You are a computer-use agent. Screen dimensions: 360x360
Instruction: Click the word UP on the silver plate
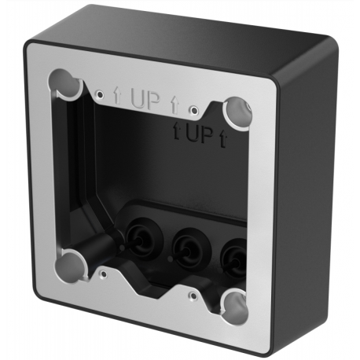coord(146,100)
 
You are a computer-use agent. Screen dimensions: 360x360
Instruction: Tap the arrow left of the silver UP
coord(117,97)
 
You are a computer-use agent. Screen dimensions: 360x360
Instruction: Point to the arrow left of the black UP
coord(178,131)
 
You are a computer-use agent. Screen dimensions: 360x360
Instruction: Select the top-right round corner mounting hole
coord(237,112)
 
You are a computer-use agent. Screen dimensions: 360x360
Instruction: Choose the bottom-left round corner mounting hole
coord(71,263)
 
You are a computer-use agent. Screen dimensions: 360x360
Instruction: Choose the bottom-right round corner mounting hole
coord(233,303)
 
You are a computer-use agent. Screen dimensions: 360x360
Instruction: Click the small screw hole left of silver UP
coord(99,94)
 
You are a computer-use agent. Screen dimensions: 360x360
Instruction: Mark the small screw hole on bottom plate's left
coord(103,274)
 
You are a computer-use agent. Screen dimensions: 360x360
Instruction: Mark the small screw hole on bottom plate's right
coord(193,296)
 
